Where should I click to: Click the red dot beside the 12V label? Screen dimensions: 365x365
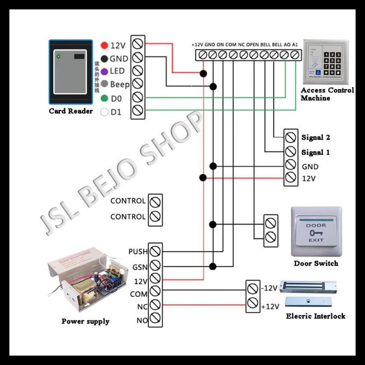click(104, 46)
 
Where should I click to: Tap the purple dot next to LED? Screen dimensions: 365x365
click(104, 71)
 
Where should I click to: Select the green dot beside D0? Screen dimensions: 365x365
click(104, 98)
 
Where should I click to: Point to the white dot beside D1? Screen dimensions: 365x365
click(104, 112)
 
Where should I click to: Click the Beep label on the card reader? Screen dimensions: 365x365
click(120, 85)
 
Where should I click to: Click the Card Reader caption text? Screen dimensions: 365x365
click(71, 111)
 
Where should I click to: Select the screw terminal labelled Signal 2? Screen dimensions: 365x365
click(291, 137)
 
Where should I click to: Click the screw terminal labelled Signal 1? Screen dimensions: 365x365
click(291, 152)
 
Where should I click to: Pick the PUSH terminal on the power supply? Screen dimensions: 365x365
click(155, 251)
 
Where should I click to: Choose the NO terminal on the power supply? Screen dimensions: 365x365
click(155, 319)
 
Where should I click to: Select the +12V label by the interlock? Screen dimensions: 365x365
click(270, 307)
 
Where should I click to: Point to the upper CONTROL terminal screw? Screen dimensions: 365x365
click(156, 202)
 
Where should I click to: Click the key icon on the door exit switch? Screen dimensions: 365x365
click(316, 232)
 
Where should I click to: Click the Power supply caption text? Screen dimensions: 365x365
click(86, 321)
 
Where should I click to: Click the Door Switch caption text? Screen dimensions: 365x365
click(316, 263)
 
